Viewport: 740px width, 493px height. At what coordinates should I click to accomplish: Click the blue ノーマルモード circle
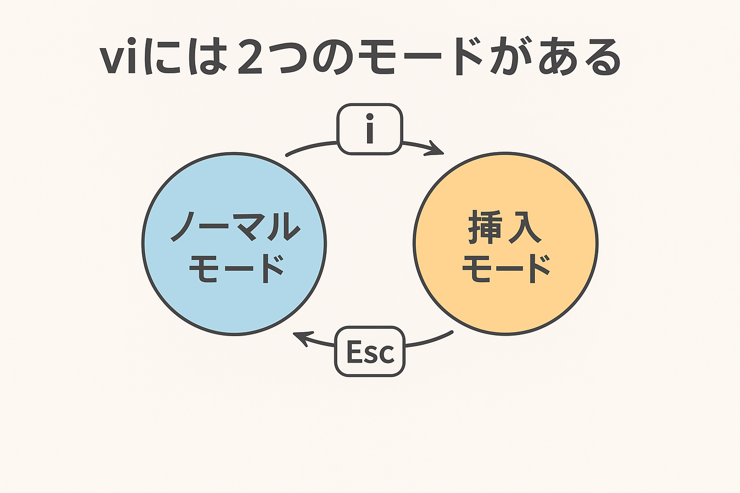click(234, 244)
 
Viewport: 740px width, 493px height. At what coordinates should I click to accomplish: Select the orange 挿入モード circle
click(505, 244)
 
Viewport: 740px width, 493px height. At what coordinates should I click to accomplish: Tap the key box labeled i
click(370, 129)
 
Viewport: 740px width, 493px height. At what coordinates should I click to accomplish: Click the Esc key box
click(370, 351)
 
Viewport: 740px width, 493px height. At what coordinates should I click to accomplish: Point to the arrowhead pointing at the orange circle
click(436, 149)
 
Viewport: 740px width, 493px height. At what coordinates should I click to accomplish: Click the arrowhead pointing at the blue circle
click(301, 338)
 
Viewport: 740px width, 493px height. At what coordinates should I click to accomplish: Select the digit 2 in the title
click(250, 56)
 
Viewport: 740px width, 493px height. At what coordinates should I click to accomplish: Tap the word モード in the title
click(420, 56)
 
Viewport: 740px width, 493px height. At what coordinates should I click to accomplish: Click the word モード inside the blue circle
click(236, 269)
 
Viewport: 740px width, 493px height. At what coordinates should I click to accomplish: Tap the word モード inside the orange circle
click(506, 269)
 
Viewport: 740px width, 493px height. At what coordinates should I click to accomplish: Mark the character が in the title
click(511, 56)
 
